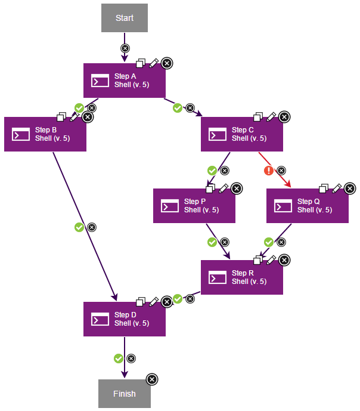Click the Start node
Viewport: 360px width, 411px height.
click(x=124, y=18)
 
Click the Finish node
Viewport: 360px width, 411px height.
click(x=124, y=394)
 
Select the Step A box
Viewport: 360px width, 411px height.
click(x=124, y=81)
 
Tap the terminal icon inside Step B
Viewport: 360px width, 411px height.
click(x=21, y=134)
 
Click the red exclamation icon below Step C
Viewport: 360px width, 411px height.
click(x=269, y=171)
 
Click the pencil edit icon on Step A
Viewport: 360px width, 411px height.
click(x=154, y=63)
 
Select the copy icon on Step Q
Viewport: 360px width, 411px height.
click(x=324, y=188)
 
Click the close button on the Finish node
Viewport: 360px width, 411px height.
click(x=152, y=379)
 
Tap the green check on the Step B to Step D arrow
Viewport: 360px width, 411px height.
click(x=79, y=227)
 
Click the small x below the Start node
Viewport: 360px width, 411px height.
click(x=125, y=48)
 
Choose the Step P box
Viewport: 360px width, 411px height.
click(x=194, y=206)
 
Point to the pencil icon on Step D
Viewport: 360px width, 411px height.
click(x=154, y=301)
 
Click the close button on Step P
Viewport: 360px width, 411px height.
click(x=237, y=188)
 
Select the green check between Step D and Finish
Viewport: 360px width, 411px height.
click(x=118, y=359)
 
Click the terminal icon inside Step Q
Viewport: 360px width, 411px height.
click(x=283, y=206)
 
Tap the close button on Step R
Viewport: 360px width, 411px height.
click(x=284, y=260)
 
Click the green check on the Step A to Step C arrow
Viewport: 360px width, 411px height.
click(x=177, y=108)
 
